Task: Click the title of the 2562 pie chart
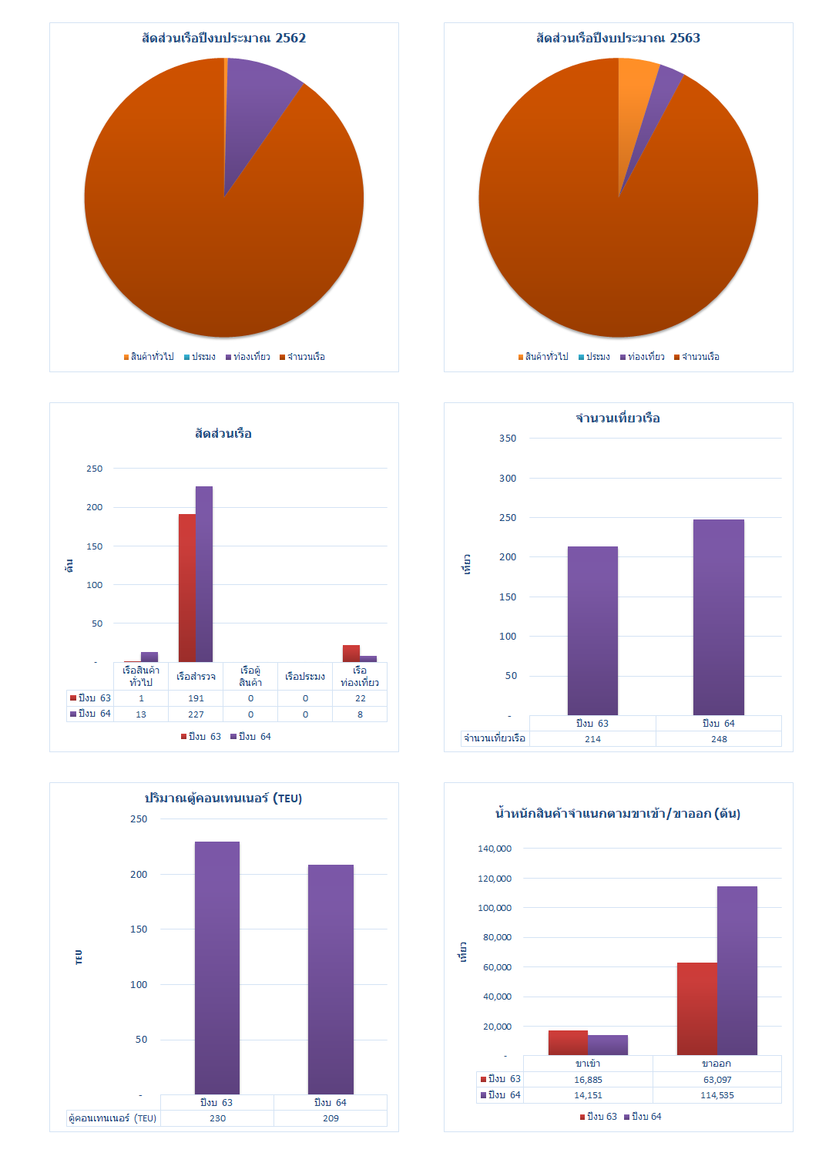click(x=223, y=38)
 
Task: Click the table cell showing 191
click(x=196, y=698)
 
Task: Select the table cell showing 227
click(x=196, y=714)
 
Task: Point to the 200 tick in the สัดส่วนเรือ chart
click(x=94, y=507)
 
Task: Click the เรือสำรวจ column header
click(x=196, y=677)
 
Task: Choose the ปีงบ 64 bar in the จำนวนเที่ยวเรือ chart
click(x=718, y=617)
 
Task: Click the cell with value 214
click(x=592, y=739)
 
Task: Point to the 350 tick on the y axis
click(x=508, y=439)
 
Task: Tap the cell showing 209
click(x=331, y=1118)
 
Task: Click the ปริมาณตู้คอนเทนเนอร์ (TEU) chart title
click(x=223, y=798)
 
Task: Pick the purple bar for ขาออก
click(x=737, y=971)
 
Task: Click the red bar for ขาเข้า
click(x=568, y=1043)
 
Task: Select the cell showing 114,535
click(x=717, y=1095)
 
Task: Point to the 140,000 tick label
click(x=495, y=849)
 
